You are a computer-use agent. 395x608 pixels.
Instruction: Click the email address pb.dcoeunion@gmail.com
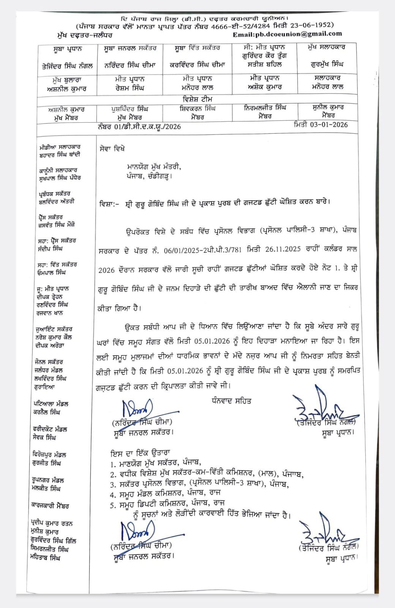pos(288,34)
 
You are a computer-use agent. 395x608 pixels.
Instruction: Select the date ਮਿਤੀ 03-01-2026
pos(321,125)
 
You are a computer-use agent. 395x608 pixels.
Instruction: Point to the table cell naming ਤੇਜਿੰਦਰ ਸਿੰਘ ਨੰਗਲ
pos(67,66)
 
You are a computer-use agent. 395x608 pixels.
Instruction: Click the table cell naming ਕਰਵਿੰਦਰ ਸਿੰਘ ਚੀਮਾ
pos(197,65)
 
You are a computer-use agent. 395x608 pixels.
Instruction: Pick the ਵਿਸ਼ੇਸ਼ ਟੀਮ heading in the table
pos(197,99)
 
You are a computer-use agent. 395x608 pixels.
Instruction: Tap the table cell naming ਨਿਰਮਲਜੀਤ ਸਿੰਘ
pos(265,108)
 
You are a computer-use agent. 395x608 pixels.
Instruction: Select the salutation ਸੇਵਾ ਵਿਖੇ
pos(112,149)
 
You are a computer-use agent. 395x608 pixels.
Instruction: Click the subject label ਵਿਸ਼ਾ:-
pos(109,204)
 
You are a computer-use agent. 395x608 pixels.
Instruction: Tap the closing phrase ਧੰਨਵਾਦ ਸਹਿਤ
pos(231,401)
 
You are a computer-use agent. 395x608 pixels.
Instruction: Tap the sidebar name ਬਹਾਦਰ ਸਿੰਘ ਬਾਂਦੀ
pos(60,155)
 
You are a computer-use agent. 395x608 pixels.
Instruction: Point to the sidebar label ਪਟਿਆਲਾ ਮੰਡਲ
pos(51,404)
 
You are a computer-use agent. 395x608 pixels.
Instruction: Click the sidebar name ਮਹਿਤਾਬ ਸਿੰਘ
pos(45,557)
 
